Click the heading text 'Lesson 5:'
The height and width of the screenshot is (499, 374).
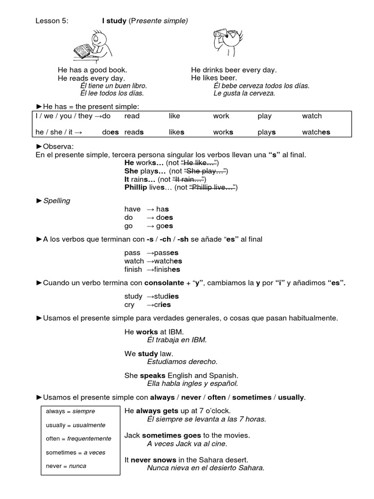(52, 20)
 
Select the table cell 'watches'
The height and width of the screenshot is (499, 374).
(316, 132)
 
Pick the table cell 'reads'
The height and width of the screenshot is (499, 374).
(134, 132)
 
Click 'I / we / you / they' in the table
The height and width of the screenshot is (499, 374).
(64, 116)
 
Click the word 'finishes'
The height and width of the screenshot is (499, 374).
(167, 269)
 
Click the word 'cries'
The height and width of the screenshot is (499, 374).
(162, 305)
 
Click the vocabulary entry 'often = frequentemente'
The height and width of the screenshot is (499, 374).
(78, 439)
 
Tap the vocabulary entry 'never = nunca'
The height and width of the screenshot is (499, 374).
(66, 466)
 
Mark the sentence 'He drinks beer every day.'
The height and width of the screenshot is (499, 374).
(234, 70)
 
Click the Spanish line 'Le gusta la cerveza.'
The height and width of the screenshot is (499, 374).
(244, 93)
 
